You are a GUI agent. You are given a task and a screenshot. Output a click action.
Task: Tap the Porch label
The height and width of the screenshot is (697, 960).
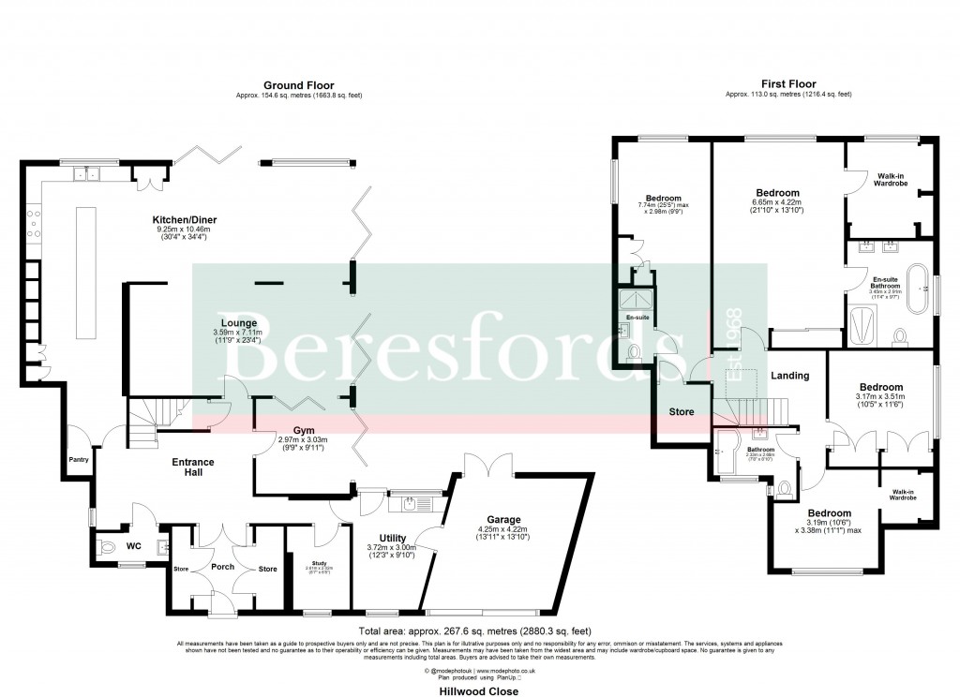[223, 567]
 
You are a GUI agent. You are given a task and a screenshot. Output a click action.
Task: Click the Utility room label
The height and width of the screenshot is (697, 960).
[385, 540]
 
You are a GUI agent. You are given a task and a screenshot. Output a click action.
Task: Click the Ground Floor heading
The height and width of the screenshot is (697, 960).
[298, 85]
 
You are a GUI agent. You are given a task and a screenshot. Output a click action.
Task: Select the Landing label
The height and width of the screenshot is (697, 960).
[789, 376]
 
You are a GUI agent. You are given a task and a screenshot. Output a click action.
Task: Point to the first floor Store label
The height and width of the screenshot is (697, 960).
[681, 410]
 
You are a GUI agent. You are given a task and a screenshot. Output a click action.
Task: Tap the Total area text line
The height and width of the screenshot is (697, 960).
[475, 630]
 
